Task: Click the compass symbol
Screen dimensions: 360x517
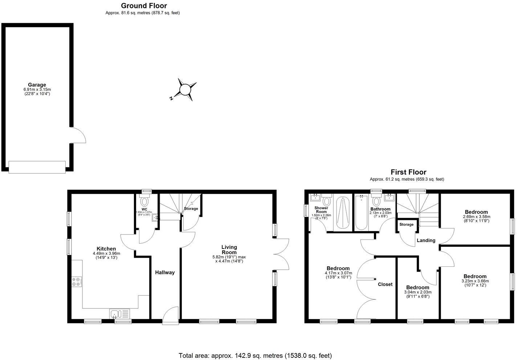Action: [x=185, y=89]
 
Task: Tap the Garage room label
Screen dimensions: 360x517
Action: [x=37, y=85]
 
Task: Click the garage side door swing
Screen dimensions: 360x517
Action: [x=78, y=135]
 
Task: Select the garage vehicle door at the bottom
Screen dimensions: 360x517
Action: [x=37, y=167]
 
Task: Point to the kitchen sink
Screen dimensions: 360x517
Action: [x=119, y=314]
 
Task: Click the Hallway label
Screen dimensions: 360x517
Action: [x=165, y=273]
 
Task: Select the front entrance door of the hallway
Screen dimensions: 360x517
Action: [x=171, y=314]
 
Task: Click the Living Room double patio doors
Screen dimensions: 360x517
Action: [x=281, y=254]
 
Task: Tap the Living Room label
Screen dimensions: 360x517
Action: [x=229, y=250]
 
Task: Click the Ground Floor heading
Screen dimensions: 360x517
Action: [x=144, y=5]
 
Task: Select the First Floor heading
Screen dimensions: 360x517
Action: [x=408, y=172]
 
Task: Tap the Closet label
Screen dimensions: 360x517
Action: [x=385, y=284]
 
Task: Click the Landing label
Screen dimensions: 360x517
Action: [x=426, y=240]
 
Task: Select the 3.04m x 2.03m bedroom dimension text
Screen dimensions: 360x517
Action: [x=418, y=292]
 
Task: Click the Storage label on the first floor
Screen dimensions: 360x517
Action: [x=406, y=224]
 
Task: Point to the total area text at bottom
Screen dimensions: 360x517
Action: [x=255, y=355]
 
